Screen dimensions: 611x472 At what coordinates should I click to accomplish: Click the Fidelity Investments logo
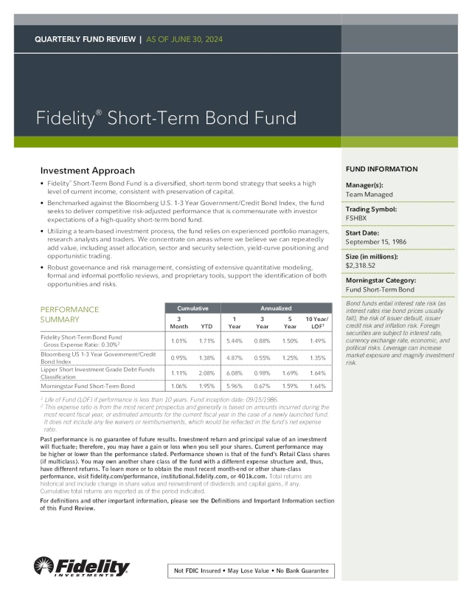[82, 567]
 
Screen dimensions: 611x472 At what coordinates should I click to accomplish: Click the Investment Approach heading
[87, 170]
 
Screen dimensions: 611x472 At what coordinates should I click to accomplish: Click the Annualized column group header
[277, 307]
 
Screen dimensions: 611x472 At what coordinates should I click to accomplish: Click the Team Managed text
[369, 195]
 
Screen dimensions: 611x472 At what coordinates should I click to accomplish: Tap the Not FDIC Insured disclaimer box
[250, 571]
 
